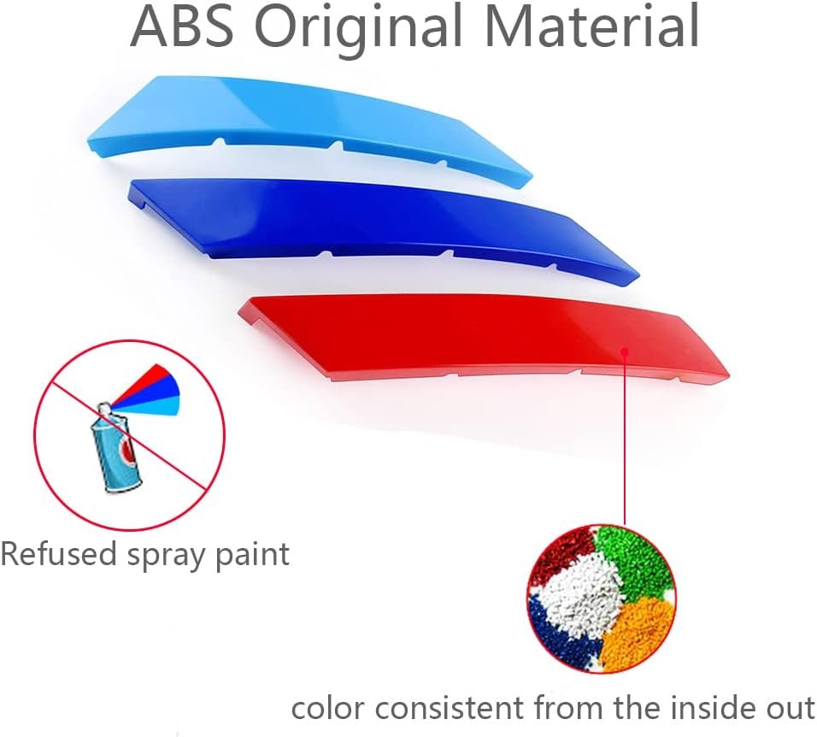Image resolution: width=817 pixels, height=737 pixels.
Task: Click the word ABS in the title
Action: [182, 26]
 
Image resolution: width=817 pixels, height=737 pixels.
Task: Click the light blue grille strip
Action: [309, 127]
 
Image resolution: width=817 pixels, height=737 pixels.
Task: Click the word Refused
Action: [58, 553]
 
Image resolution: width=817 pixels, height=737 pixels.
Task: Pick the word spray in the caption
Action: [167, 557]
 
